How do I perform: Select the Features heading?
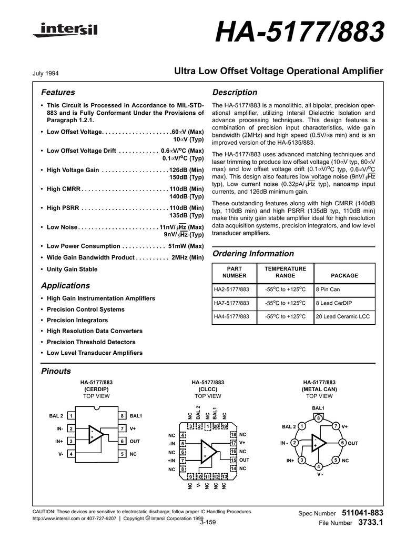(x=58, y=93)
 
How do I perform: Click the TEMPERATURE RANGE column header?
(x=285, y=272)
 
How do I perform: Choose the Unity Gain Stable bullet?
(x=72, y=269)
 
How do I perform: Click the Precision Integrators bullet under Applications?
(x=77, y=320)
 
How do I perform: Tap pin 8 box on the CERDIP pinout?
(x=122, y=416)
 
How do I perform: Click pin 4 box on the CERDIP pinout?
(x=70, y=454)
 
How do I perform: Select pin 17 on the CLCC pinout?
(x=233, y=443)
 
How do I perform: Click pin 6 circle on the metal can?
(x=342, y=443)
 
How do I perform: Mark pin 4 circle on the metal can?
(x=319, y=467)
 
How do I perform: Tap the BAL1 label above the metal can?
(x=318, y=408)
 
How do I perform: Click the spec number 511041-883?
(x=362, y=513)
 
